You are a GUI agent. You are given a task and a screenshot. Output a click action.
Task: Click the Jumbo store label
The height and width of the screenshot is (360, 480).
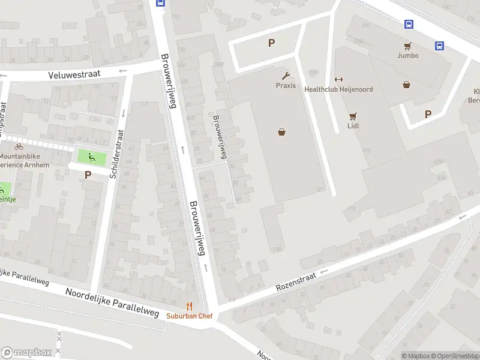coord(407,55)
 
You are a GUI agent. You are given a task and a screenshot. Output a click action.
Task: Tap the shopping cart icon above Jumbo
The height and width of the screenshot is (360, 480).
coord(407,46)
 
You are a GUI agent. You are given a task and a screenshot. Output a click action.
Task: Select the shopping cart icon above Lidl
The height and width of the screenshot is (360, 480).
coord(352,116)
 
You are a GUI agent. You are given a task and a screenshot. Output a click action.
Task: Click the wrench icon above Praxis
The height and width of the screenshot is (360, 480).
coord(286,76)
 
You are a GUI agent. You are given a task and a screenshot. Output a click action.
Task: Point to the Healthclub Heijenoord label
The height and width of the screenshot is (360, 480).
coord(338,89)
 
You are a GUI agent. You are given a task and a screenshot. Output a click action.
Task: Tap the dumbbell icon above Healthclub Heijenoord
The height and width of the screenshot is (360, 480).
coord(338,80)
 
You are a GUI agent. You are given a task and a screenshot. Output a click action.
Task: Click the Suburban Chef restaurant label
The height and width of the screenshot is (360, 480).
coord(190,316)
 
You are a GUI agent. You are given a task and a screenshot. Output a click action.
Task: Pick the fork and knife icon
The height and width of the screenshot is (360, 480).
coord(190,306)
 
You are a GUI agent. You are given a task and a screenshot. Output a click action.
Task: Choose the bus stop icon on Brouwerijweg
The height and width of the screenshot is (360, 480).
coord(160,2)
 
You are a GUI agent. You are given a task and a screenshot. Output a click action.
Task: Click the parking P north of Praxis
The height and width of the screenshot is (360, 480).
coord(272,43)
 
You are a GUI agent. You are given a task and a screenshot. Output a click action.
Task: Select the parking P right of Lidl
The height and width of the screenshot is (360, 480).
coord(428,114)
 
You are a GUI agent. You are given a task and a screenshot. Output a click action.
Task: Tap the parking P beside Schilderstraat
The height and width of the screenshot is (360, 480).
coord(88,175)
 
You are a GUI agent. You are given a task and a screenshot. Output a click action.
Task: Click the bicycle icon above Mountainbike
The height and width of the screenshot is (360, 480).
coord(19,146)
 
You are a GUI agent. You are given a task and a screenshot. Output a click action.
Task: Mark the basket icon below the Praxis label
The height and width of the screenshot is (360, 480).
coord(281,132)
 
